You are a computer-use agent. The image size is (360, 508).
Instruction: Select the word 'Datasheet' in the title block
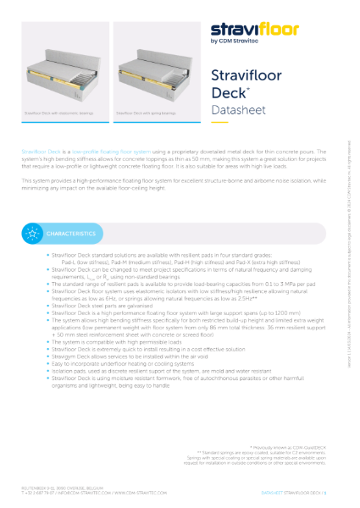pyautogui.click(x=235, y=111)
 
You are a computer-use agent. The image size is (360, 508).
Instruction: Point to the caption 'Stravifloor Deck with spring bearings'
pyautogui.click(x=146, y=112)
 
